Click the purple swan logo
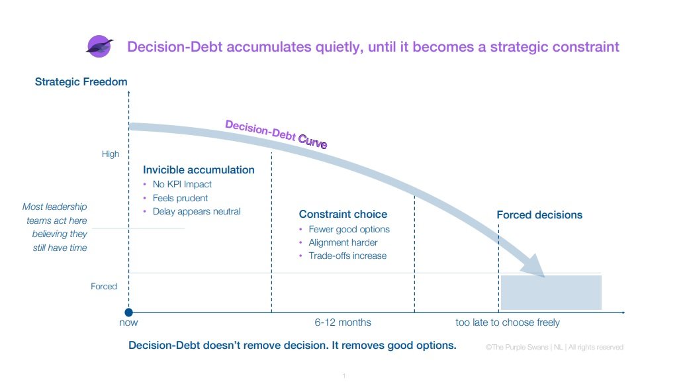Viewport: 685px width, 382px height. [99, 46]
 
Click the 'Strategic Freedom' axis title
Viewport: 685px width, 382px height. [81, 82]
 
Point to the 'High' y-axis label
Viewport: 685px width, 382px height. [111, 154]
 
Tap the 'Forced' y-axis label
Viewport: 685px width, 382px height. [104, 287]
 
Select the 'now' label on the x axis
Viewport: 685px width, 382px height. [128, 323]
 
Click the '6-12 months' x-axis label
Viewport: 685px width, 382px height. [343, 323]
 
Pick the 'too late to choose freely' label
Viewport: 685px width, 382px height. [508, 323]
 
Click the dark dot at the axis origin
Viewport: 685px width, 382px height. [129, 312]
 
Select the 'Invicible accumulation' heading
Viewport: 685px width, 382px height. [199, 170]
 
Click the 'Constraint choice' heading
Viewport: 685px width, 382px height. [343, 215]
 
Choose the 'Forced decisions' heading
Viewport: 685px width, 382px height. [539, 215]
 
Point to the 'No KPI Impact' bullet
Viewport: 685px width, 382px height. [182, 185]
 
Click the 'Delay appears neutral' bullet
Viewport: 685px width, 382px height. [197, 212]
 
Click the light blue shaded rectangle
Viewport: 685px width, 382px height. [551, 293]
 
